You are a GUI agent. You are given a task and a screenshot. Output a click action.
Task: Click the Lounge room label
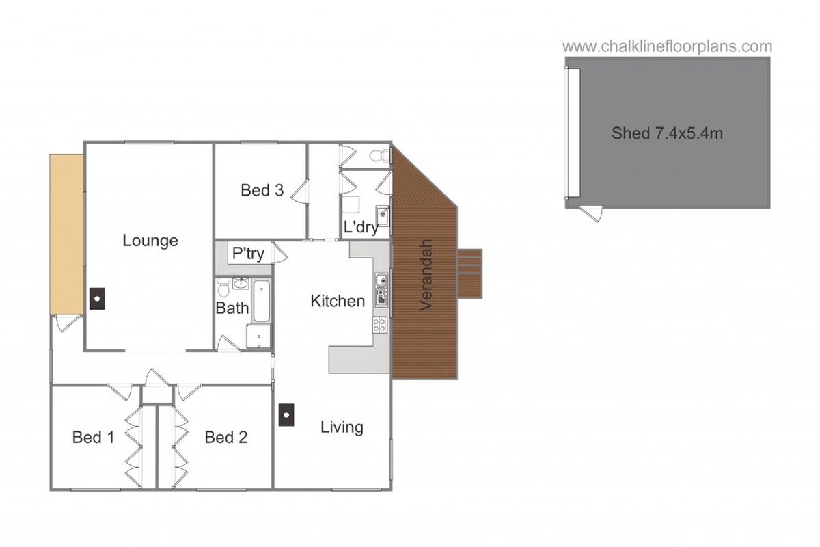pyautogui.click(x=150, y=241)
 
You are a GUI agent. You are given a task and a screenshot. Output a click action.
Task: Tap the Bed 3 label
pyautogui.click(x=262, y=190)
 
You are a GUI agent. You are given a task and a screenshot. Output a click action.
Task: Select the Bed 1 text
pyautogui.click(x=93, y=437)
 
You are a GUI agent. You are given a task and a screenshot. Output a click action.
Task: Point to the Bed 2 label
pyautogui.click(x=225, y=437)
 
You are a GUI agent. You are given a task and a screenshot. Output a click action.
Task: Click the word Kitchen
pyautogui.click(x=338, y=301)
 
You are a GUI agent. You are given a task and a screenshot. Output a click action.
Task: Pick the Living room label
pyautogui.click(x=342, y=427)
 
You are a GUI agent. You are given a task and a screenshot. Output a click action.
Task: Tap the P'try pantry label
pyautogui.click(x=248, y=254)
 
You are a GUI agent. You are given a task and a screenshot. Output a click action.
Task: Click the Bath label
pyautogui.click(x=232, y=308)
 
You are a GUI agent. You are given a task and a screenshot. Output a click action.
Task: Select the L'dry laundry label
pyautogui.click(x=361, y=228)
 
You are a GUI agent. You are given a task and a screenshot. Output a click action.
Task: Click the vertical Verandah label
pyautogui.click(x=426, y=275)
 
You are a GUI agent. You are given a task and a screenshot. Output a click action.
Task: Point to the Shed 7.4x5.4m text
pyautogui.click(x=667, y=133)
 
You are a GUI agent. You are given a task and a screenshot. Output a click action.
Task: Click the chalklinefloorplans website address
pyautogui.click(x=667, y=46)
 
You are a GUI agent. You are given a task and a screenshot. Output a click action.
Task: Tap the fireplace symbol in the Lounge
pyautogui.click(x=97, y=297)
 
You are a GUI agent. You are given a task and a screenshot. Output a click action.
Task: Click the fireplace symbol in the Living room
pyautogui.click(x=286, y=414)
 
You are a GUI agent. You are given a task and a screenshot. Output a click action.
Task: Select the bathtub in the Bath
pyautogui.click(x=262, y=301)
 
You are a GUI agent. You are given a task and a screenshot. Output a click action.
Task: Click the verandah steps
pyautogui.click(x=469, y=273)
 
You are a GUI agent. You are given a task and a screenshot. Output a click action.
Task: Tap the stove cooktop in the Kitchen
pyautogui.click(x=381, y=325)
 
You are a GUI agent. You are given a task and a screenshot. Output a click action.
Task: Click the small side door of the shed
pyautogui.click(x=592, y=212)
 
